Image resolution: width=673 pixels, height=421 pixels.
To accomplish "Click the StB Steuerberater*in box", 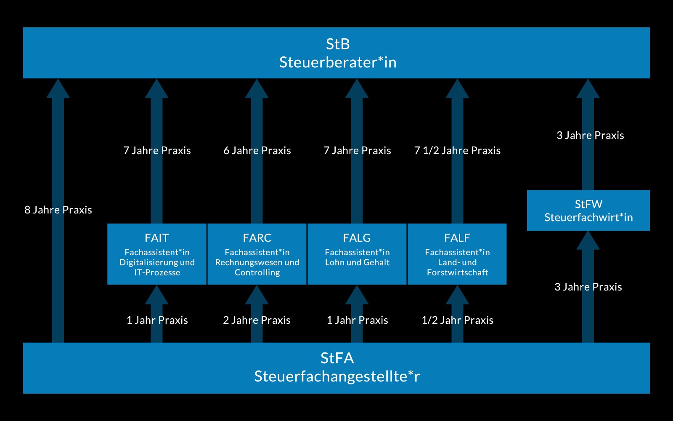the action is pyautogui.click(x=336, y=53).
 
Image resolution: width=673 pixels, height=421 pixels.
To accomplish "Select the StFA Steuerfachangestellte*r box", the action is pyautogui.click(x=336, y=368).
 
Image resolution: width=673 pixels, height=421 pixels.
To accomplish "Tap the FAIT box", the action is pyautogui.click(x=157, y=254).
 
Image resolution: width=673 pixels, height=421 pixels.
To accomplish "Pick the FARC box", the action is pyautogui.click(x=257, y=254).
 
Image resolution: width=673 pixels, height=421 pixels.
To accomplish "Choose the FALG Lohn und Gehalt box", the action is pyautogui.click(x=357, y=254).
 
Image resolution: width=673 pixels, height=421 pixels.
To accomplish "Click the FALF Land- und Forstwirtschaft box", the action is pyautogui.click(x=457, y=254).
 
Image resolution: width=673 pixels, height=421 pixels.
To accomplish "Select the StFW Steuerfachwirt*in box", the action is pyautogui.click(x=588, y=210).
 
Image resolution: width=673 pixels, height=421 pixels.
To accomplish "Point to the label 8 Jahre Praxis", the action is pyautogui.click(x=58, y=210).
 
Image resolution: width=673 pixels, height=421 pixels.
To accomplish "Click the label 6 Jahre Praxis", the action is pyautogui.click(x=257, y=150).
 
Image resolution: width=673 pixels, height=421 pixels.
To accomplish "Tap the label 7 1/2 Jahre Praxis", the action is pyautogui.click(x=457, y=150).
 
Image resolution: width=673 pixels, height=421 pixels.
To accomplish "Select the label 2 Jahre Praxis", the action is pyautogui.click(x=257, y=320).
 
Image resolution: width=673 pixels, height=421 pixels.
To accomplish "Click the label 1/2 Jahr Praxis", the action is pyautogui.click(x=457, y=320).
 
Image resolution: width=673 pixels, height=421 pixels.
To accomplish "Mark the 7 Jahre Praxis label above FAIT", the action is pyautogui.click(x=157, y=150).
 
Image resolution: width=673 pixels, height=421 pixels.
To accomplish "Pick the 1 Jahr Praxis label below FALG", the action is pyautogui.click(x=357, y=320).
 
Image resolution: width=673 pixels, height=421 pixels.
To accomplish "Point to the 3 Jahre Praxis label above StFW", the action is pyautogui.click(x=590, y=135).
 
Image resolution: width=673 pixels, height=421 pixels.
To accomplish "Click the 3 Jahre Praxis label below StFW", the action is pyautogui.click(x=588, y=287).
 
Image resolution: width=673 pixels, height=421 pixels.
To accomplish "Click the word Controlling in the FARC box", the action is pyautogui.click(x=257, y=272).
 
